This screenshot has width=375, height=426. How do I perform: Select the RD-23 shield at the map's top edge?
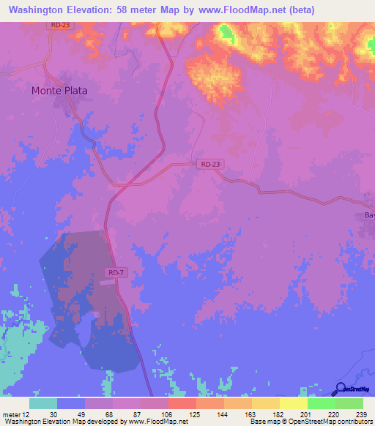tap(61, 25)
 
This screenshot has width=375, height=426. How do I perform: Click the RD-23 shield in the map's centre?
tap(209, 165)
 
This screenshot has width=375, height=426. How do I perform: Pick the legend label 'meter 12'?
tap(16, 414)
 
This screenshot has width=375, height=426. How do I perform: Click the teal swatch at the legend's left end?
tap(43, 403)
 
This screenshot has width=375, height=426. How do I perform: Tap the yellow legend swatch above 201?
tap(294, 403)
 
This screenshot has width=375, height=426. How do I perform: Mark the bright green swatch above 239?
tap(349, 403)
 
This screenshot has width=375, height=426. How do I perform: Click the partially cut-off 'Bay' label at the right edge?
tap(369, 215)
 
